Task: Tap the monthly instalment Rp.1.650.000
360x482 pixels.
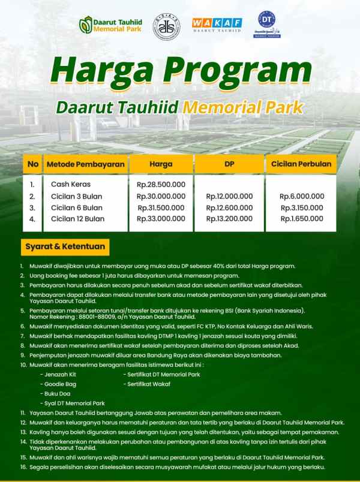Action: point(302,219)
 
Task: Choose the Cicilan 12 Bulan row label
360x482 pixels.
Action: point(77,219)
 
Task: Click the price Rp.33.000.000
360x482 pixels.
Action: point(160,219)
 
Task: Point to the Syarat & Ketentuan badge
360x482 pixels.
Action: point(65,246)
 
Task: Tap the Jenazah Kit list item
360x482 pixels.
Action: point(59,373)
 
